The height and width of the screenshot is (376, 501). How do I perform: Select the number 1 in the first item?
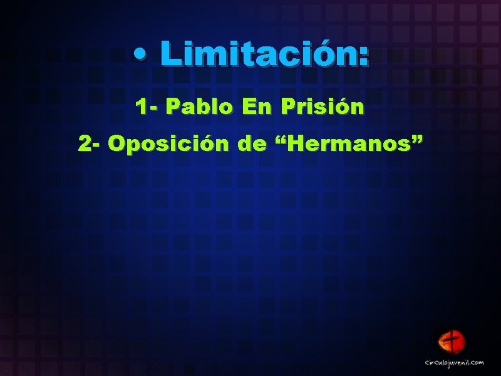(141, 107)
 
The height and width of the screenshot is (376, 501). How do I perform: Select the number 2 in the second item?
(85, 145)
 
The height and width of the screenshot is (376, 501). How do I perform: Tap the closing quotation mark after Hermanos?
(416, 139)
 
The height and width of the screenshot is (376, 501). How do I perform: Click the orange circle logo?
(453, 342)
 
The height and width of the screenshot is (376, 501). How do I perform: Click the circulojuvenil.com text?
(455, 362)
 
